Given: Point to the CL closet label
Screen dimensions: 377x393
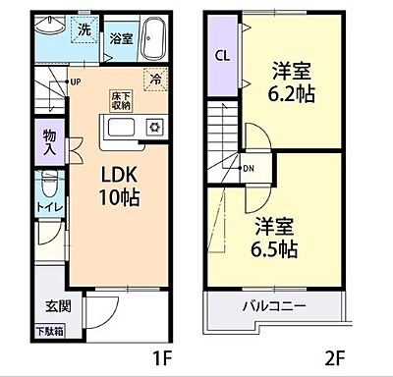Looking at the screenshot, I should pyautogui.click(x=222, y=56).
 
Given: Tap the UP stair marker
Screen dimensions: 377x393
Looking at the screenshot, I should pyautogui.click(x=75, y=81).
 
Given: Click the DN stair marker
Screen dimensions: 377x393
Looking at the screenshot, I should pyautogui.click(x=250, y=167).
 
